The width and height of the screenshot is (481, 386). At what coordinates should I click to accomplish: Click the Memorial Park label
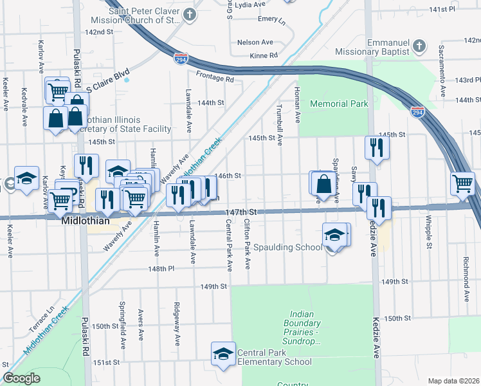[x=338, y=104]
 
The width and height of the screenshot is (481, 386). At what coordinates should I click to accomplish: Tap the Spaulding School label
[x=287, y=248]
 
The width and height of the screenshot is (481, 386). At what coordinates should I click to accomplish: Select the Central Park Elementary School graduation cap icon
[x=223, y=354]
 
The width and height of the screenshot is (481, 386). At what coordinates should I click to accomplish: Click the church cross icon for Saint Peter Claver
[x=190, y=14]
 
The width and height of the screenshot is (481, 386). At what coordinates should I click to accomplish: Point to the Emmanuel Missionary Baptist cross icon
[x=419, y=46]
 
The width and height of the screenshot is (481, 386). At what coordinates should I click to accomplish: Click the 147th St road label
[x=241, y=212]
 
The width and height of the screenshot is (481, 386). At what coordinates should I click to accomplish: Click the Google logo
[x=21, y=378]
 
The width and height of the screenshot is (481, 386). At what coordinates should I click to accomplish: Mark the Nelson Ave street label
[x=251, y=42]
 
